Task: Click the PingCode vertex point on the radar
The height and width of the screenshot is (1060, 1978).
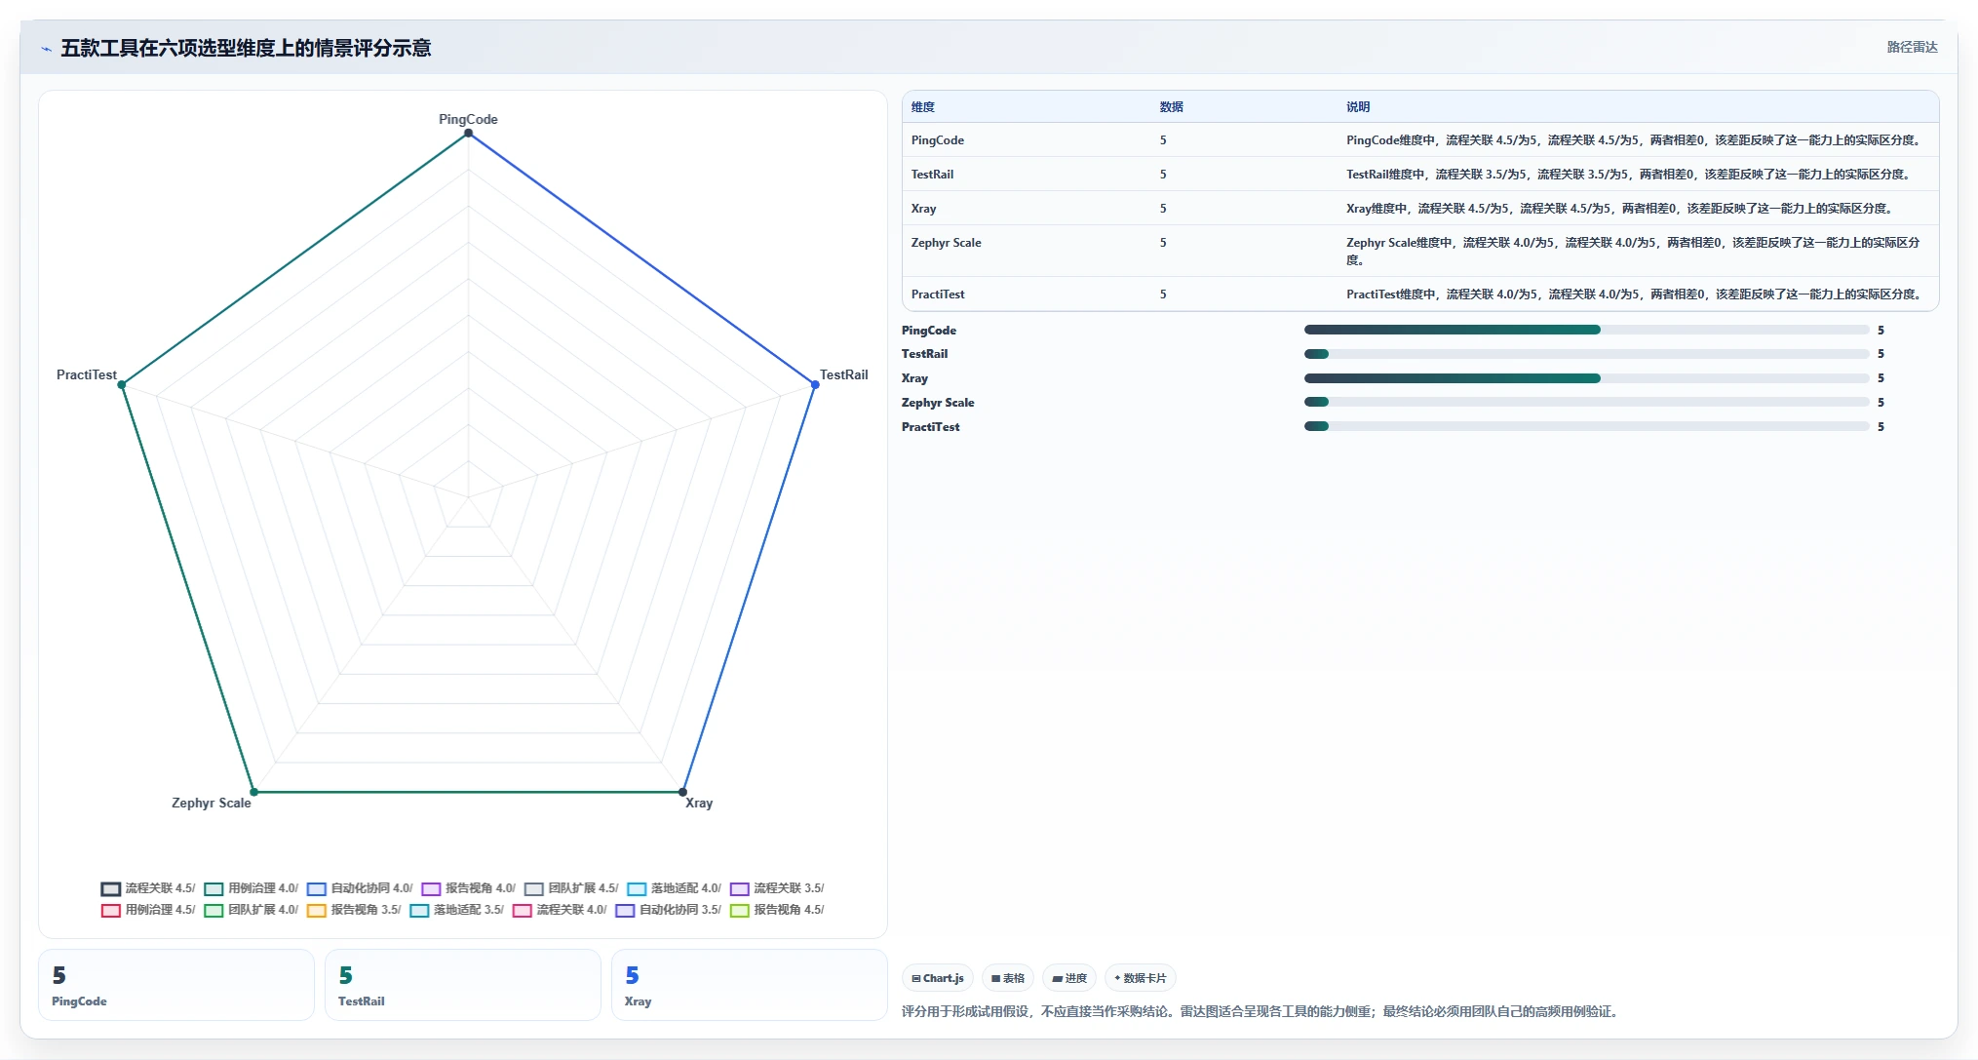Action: pyautogui.click(x=468, y=133)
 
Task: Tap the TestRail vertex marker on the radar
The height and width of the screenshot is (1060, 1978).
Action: pyautogui.click(x=815, y=385)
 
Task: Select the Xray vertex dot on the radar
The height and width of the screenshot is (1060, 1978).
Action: pyautogui.click(x=682, y=792)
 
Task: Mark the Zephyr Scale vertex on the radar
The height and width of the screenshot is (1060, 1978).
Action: pyautogui.click(x=253, y=792)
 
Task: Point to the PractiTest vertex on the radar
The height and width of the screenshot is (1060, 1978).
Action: pyautogui.click(x=122, y=385)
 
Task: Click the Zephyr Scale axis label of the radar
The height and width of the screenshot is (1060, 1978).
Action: pyautogui.click(x=212, y=803)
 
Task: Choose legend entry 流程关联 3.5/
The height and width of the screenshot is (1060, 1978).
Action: pyautogui.click(x=777, y=888)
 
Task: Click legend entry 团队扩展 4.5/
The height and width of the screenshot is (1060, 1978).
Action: pyautogui.click(x=571, y=888)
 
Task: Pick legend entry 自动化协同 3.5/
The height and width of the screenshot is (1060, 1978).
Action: pyautogui.click(x=668, y=910)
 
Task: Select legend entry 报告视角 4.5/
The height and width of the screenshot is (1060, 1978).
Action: pyautogui.click(x=777, y=910)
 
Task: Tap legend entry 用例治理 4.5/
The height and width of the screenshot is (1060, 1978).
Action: pyautogui.click(x=148, y=910)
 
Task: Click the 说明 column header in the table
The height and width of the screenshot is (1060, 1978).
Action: pyautogui.click(x=1358, y=107)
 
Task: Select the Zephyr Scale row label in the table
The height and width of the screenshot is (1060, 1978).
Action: pyautogui.click(x=946, y=243)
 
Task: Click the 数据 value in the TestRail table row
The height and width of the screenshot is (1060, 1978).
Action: pyautogui.click(x=1163, y=175)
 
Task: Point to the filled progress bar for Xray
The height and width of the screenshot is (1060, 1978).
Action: pyautogui.click(x=1452, y=378)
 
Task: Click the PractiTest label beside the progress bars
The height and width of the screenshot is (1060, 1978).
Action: pyautogui.click(x=930, y=427)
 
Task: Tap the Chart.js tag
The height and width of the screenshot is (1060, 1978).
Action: pyautogui.click(x=938, y=978)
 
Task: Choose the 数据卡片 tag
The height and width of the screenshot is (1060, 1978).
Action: pyautogui.click(x=1140, y=978)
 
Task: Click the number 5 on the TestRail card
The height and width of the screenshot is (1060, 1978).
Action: pyautogui.click(x=346, y=975)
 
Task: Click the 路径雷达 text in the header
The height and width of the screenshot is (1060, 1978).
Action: pyautogui.click(x=1912, y=47)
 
